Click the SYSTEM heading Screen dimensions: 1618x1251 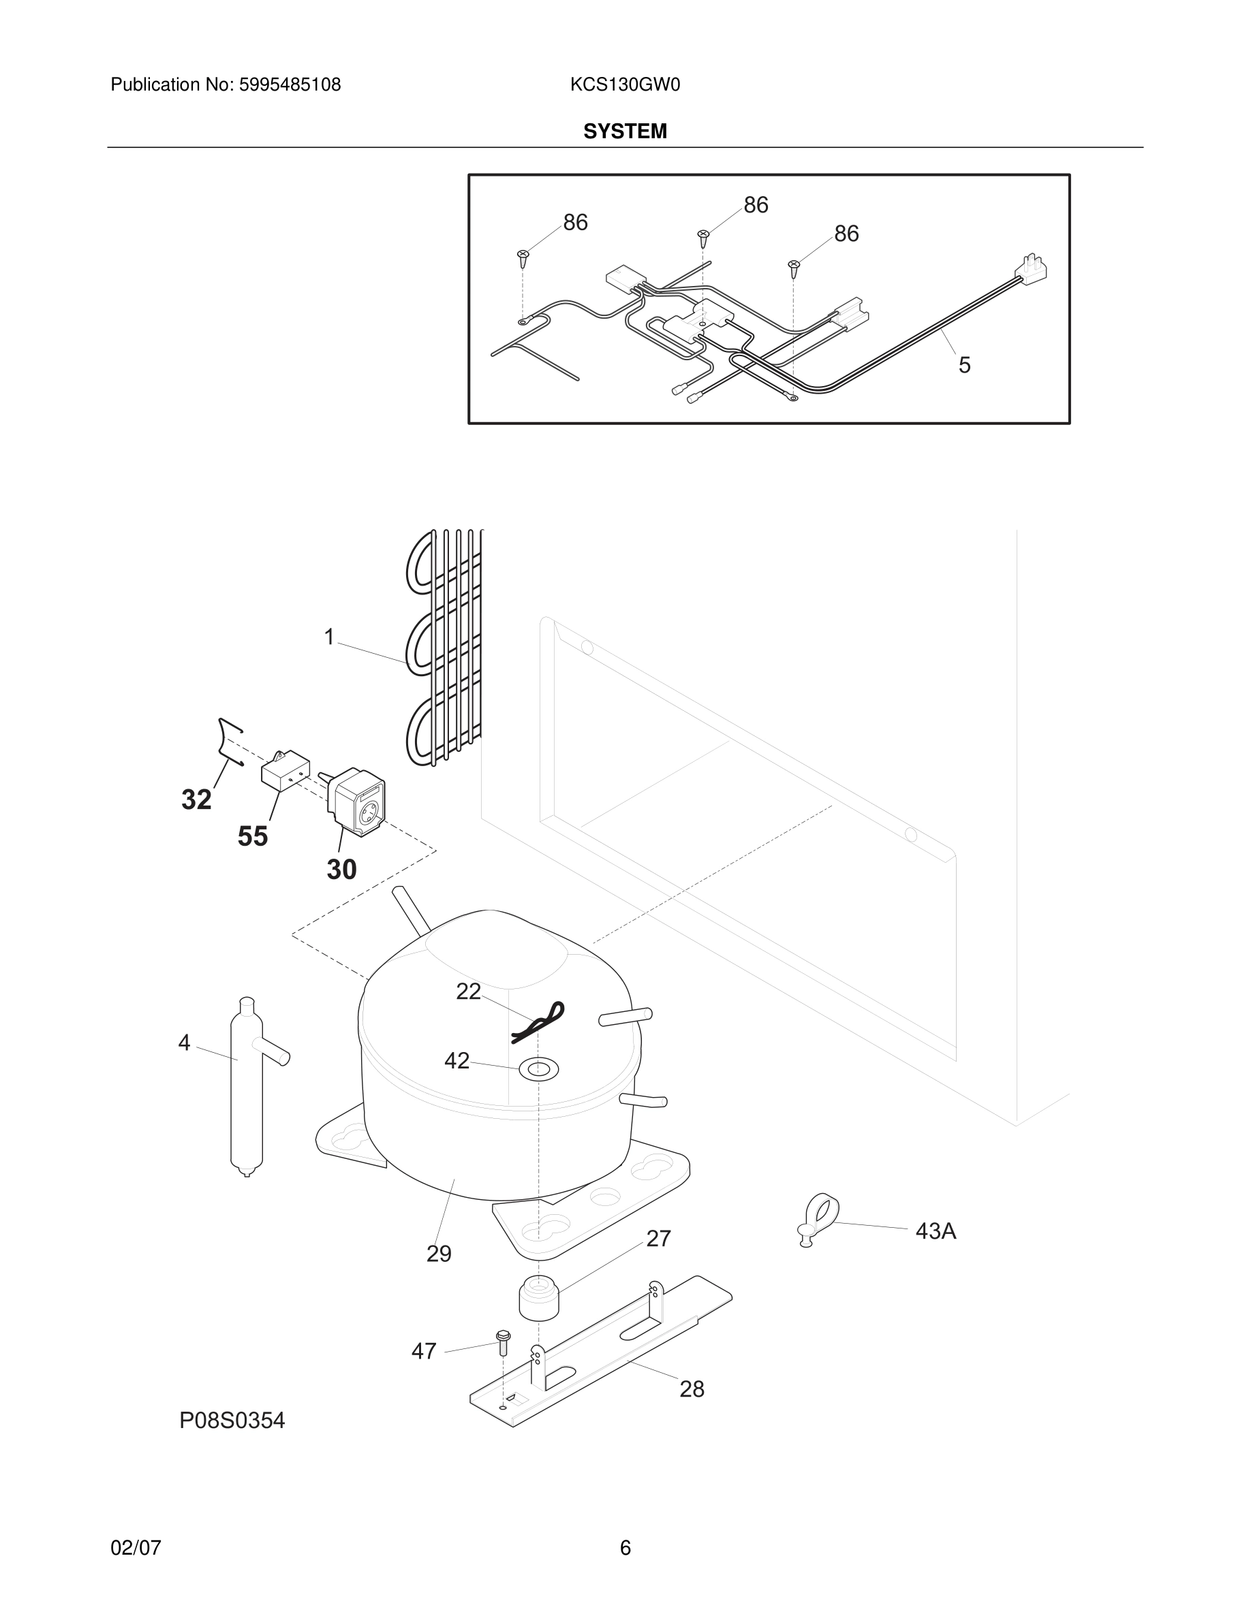[x=625, y=132]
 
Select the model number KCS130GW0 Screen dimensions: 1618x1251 [x=625, y=85]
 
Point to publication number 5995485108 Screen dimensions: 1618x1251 [x=289, y=85]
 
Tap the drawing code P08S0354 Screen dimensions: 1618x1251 [x=232, y=1421]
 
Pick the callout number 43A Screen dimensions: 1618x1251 [x=936, y=1231]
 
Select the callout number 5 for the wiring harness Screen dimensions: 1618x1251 [x=964, y=364]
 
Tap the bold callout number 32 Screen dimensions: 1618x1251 [x=196, y=800]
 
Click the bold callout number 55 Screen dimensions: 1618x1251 [x=252, y=836]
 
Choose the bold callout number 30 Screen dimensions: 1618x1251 [x=341, y=870]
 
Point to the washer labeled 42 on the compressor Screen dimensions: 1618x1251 [x=538, y=1068]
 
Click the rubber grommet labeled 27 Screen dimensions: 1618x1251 [x=539, y=1297]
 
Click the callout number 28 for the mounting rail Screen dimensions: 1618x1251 [x=692, y=1389]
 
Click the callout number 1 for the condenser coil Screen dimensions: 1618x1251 [x=329, y=637]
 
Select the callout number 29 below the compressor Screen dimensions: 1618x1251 [x=439, y=1254]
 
